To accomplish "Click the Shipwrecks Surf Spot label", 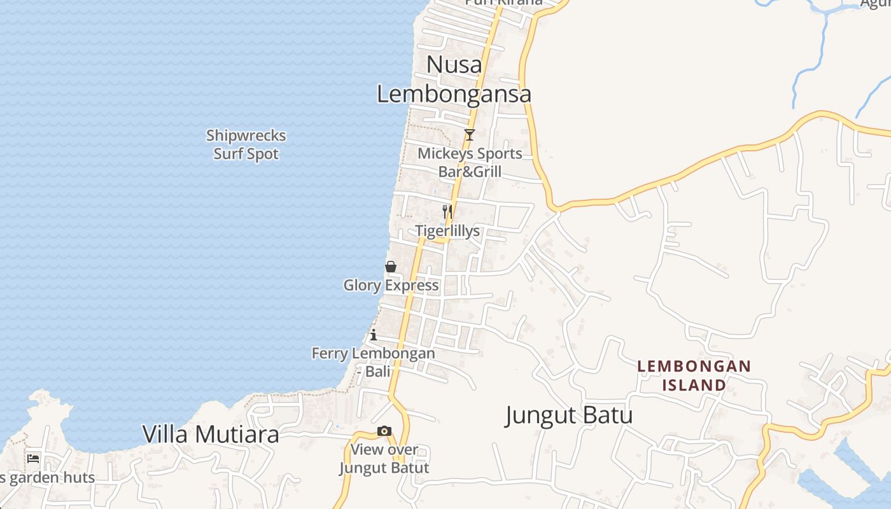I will tap(246, 144).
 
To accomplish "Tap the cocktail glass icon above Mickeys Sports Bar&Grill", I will tap(470, 134).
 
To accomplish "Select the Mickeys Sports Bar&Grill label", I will tap(470, 162).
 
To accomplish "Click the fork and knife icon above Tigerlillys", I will tap(447, 211).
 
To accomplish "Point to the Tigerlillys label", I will tap(447, 230).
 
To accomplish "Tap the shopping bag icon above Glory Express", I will tap(391, 267).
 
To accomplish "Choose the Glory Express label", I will tap(391, 285).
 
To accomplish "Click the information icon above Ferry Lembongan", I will tap(374, 335).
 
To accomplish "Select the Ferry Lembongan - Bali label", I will tap(374, 361).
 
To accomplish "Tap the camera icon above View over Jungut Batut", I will tap(384, 431).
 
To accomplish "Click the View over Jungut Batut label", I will tap(384, 458).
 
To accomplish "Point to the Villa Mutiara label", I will tap(211, 434).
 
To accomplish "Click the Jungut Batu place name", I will tap(569, 415).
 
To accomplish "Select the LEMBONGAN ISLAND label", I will tap(694, 375).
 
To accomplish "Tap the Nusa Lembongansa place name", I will tap(454, 79).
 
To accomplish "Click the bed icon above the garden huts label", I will tap(33, 458).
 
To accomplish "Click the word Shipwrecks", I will tap(246, 136).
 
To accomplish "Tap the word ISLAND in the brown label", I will tap(694, 385).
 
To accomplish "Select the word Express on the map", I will tap(414, 285).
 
